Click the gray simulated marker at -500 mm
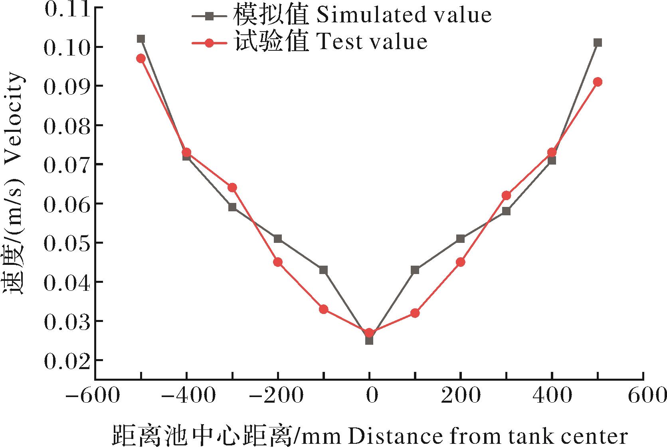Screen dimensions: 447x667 (141, 39)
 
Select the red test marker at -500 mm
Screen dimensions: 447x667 (141, 58)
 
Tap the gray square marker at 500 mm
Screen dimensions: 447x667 (597, 43)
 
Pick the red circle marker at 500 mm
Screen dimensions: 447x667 (597, 82)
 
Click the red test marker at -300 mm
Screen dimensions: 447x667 (232, 188)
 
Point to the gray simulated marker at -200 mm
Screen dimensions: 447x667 (278, 238)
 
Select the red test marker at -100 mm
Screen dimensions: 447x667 (324, 309)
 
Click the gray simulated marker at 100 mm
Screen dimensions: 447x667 (415, 270)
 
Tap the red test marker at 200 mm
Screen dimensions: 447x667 (460, 262)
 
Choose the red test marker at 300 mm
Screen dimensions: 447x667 (506, 195)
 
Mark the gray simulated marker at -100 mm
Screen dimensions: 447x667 (324, 270)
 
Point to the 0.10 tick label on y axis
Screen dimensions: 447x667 (66, 47)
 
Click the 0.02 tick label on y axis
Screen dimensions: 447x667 (66, 361)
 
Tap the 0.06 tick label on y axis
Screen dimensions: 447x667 (66, 204)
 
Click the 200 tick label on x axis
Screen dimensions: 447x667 (461, 396)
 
